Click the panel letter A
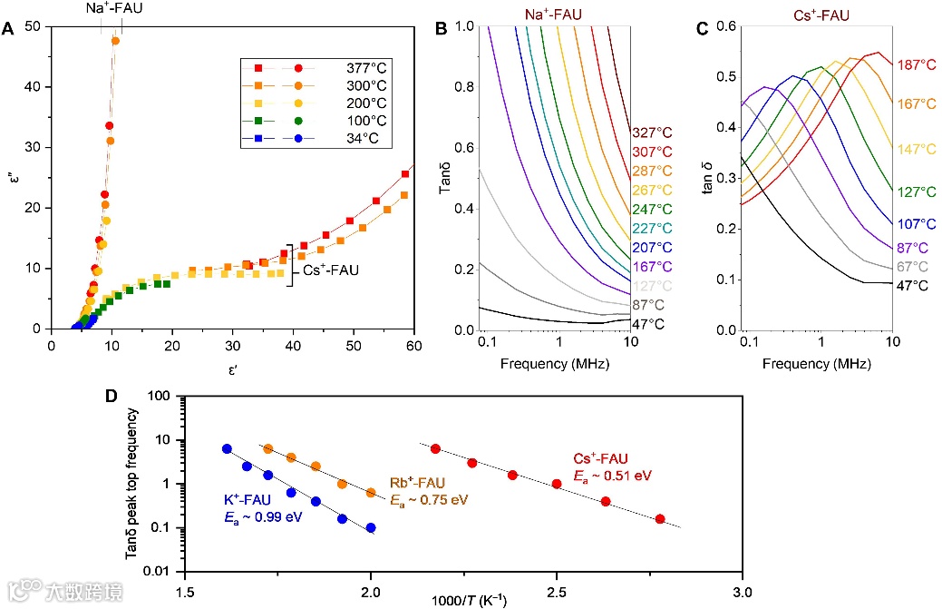click(x=8, y=29)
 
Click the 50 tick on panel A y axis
click(x=35, y=26)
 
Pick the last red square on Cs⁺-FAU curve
click(x=404, y=174)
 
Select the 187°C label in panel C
click(x=916, y=65)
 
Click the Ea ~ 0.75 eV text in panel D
click(x=428, y=499)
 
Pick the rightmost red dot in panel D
click(x=659, y=519)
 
